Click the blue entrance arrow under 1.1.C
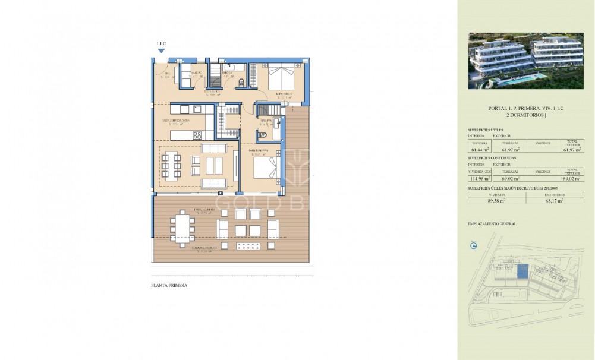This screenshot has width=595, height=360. point(161,51)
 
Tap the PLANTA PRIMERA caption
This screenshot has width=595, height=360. point(169,286)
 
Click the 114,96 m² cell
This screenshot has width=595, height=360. point(480,178)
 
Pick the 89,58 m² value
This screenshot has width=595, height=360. point(497,201)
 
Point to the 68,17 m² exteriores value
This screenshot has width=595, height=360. point(555,201)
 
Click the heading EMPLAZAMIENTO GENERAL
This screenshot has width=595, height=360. point(492,224)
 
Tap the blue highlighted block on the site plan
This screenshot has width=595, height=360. point(521,272)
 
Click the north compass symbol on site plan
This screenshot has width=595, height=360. point(474,245)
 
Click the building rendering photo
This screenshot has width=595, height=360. point(526,61)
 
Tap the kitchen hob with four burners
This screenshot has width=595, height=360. point(196,135)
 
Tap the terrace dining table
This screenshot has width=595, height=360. point(181,227)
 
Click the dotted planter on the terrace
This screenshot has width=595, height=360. point(249,246)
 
